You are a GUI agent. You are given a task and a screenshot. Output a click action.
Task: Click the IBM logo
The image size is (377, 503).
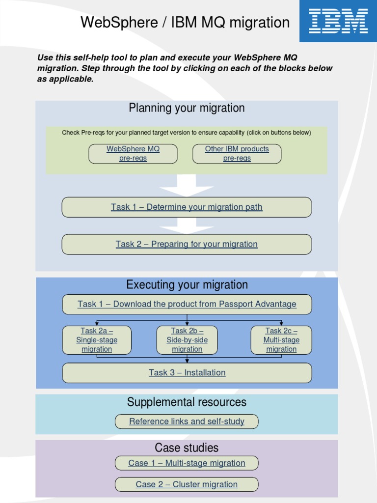click(x=338, y=21)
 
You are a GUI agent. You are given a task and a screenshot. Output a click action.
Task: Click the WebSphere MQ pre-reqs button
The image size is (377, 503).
click(x=133, y=154)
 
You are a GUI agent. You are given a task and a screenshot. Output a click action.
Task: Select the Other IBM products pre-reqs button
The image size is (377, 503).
click(x=237, y=154)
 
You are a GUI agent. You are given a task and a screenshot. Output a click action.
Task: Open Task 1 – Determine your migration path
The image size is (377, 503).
click(x=187, y=207)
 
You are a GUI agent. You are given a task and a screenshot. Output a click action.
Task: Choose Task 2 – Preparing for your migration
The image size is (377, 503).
click(x=187, y=244)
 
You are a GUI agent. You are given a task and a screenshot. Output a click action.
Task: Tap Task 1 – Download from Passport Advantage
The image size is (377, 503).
click(x=187, y=304)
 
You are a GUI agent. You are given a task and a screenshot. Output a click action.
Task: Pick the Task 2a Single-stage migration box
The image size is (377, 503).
click(x=97, y=340)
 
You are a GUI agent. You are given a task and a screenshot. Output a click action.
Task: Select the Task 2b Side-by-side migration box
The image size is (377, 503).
click(x=187, y=340)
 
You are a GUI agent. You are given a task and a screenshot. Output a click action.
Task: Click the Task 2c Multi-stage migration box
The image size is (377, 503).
click(x=281, y=340)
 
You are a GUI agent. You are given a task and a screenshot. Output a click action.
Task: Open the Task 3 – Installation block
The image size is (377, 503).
click(x=187, y=373)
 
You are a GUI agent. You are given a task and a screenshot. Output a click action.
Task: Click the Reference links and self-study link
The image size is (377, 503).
click(x=187, y=421)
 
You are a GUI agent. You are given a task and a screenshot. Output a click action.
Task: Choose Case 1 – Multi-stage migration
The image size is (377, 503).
click(x=187, y=463)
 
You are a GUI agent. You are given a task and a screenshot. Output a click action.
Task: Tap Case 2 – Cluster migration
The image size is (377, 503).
click(x=187, y=484)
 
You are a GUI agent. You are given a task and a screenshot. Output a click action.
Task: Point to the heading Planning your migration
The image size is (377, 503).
click(x=187, y=108)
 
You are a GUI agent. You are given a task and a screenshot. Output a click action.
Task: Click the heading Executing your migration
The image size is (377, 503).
click(x=187, y=285)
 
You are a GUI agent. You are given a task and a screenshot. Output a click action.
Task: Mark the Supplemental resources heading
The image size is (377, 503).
click(x=187, y=402)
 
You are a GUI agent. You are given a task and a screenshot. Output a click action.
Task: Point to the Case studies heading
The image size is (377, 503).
click(x=187, y=448)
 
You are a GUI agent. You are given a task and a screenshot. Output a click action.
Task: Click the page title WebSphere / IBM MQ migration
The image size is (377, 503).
click(x=185, y=23)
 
